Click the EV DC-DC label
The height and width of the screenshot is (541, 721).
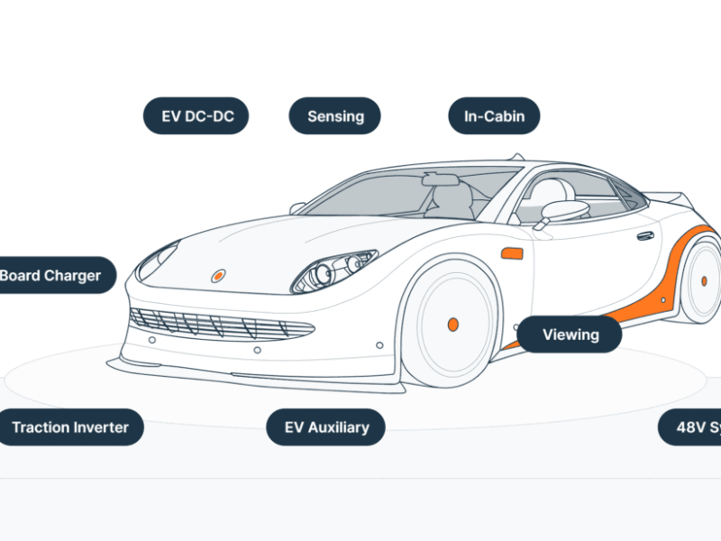(x=196, y=116)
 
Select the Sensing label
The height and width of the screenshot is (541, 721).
(x=335, y=116)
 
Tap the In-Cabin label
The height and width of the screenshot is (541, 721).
(x=494, y=116)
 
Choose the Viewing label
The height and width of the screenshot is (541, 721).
(x=570, y=335)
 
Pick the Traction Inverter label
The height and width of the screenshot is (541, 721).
(x=70, y=426)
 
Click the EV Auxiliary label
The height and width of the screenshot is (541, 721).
(x=326, y=426)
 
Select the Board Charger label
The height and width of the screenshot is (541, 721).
(x=54, y=275)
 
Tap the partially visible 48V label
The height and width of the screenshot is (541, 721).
(x=691, y=426)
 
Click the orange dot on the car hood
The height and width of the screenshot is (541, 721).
(x=218, y=275)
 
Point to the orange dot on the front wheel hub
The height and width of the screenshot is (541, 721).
(x=452, y=324)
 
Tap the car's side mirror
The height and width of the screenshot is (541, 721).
(x=564, y=211)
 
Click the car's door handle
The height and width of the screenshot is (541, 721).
(x=645, y=235)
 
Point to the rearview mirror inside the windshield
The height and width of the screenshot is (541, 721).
(x=439, y=179)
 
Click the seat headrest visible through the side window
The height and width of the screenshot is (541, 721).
(x=552, y=190)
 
